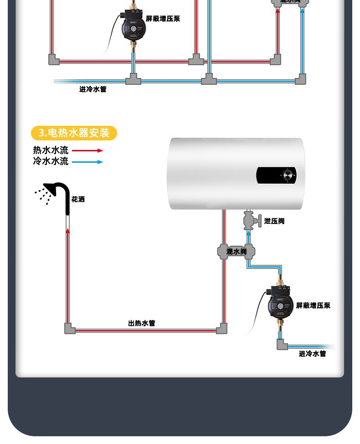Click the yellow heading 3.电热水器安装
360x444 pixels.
[x=74, y=133]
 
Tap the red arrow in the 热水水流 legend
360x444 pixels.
[x=88, y=150]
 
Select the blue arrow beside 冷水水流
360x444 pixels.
[x=88, y=162]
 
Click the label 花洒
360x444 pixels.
[x=78, y=199]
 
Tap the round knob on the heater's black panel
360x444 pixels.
[x=288, y=175]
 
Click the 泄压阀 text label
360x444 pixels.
[x=274, y=221]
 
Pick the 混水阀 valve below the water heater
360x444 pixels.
[x=237, y=251]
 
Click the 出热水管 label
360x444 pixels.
[x=141, y=323]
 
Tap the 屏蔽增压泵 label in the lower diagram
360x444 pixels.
[x=313, y=305]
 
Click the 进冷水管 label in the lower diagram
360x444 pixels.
[x=312, y=354]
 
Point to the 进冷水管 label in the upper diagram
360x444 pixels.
[x=93, y=89]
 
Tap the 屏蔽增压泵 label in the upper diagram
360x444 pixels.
[x=163, y=19]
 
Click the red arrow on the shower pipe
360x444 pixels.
[x=68, y=231]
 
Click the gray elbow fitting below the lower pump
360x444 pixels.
[x=282, y=344]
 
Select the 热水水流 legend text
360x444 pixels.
[x=51, y=150]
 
